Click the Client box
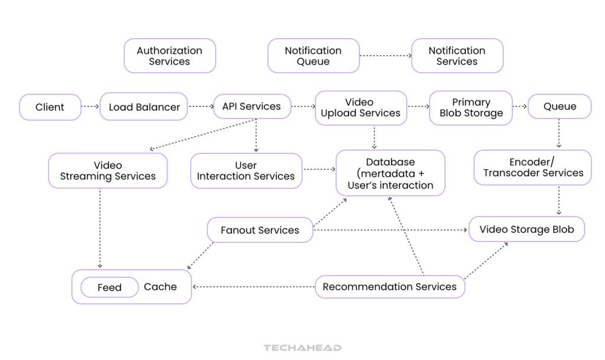[x=50, y=108]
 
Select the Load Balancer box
[x=144, y=108]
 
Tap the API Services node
[x=252, y=107]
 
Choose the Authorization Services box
[x=170, y=56]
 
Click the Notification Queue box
[x=313, y=56]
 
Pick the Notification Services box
[x=457, y=56]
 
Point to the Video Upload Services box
[x=360, y=108]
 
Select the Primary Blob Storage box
[x=471, y=108]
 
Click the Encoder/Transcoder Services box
[x=533, y=167]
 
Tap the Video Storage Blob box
[x=526, y=229]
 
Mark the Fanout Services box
[x=260, y=230]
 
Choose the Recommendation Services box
[x=389, y=287]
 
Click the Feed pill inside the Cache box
[x=109, y=288]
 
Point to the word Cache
[x=160, y=287]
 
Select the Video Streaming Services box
[x=108, y=171]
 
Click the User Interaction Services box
[x=246, y=171]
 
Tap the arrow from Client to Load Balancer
[x=90, y=108]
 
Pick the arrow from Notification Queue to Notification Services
[x=385, y=56]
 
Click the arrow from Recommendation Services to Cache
[x=254, y=287]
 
